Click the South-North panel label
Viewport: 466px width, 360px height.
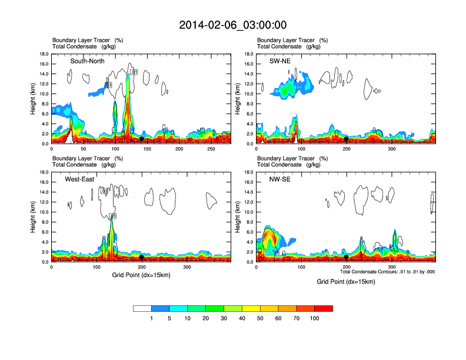tap(88, 61)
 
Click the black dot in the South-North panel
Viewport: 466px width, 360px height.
tap(141, 139)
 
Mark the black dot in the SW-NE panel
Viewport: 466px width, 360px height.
tap(347, 139)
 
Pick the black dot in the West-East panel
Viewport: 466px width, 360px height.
tap(142, 257)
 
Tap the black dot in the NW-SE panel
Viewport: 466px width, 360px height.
tap(347, 257)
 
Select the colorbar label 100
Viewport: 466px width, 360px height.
tap(315, 318)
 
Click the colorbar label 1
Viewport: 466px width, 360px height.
tap(152, 318)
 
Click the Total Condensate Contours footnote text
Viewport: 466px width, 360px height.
tap(387, 272)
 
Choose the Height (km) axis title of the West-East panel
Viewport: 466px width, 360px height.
tap(34, 217)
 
